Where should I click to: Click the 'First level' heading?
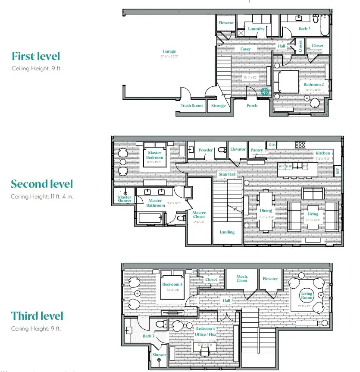(x=36, y=56)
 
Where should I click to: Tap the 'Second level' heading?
(x=42, y=184)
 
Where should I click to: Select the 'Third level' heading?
(x=38, y=316)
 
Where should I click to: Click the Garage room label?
(x=169, y=51)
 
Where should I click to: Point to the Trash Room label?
(x=191, y=106)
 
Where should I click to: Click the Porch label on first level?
(x=252, y=106)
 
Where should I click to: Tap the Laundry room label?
(x=256, y=29)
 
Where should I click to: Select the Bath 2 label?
(x=304, y=29)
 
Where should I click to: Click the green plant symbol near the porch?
(x=265, y=91)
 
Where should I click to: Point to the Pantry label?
(x=257, y=150)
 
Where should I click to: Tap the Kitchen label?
(x=322, y=153)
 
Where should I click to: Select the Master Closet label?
(x=199, y=214)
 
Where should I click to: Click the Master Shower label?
(x=125, y=199)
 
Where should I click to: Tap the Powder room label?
(x=206, y=150)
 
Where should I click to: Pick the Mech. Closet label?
(x=242, y=278)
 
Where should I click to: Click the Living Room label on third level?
(x=307, y=296)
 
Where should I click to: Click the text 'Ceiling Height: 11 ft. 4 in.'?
(x=41, y=196)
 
